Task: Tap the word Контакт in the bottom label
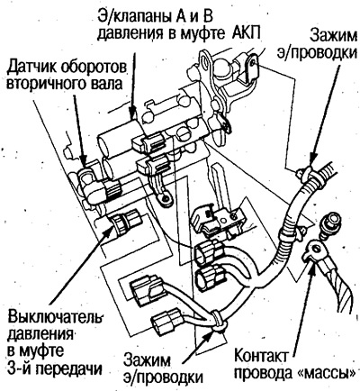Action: [261, 357]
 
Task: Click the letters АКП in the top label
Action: [247, 32]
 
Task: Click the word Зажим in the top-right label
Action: [334, 36]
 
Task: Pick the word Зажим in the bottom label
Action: [148, 360]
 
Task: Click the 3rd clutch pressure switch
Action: [126, 223]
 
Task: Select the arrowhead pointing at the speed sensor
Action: [83, 161]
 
